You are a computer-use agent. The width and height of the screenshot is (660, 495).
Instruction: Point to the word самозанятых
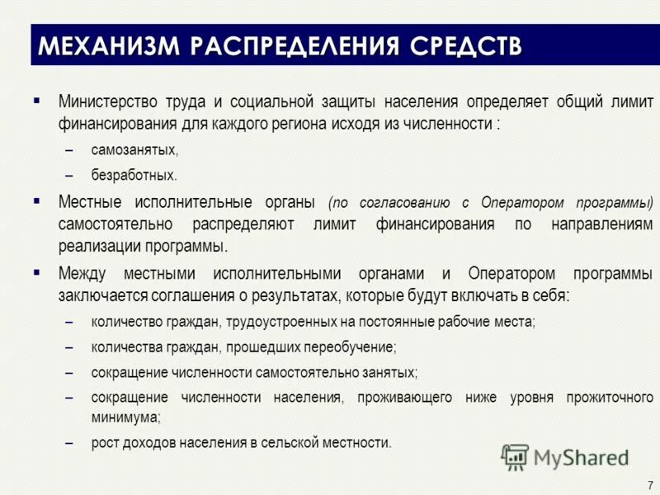(134, 150)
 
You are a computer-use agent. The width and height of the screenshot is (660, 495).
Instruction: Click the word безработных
(134, 175)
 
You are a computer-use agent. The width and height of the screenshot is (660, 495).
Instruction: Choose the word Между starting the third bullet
(83, 273)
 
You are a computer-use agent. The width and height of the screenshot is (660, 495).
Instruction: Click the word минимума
(125, 417)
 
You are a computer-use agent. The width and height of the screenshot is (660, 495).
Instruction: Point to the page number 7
(649, 485)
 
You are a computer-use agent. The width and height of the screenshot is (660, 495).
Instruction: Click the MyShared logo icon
(515, 456)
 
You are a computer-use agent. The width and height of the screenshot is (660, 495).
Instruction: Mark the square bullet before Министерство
(37, 101)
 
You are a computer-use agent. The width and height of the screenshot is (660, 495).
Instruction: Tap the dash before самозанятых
(72, 151)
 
